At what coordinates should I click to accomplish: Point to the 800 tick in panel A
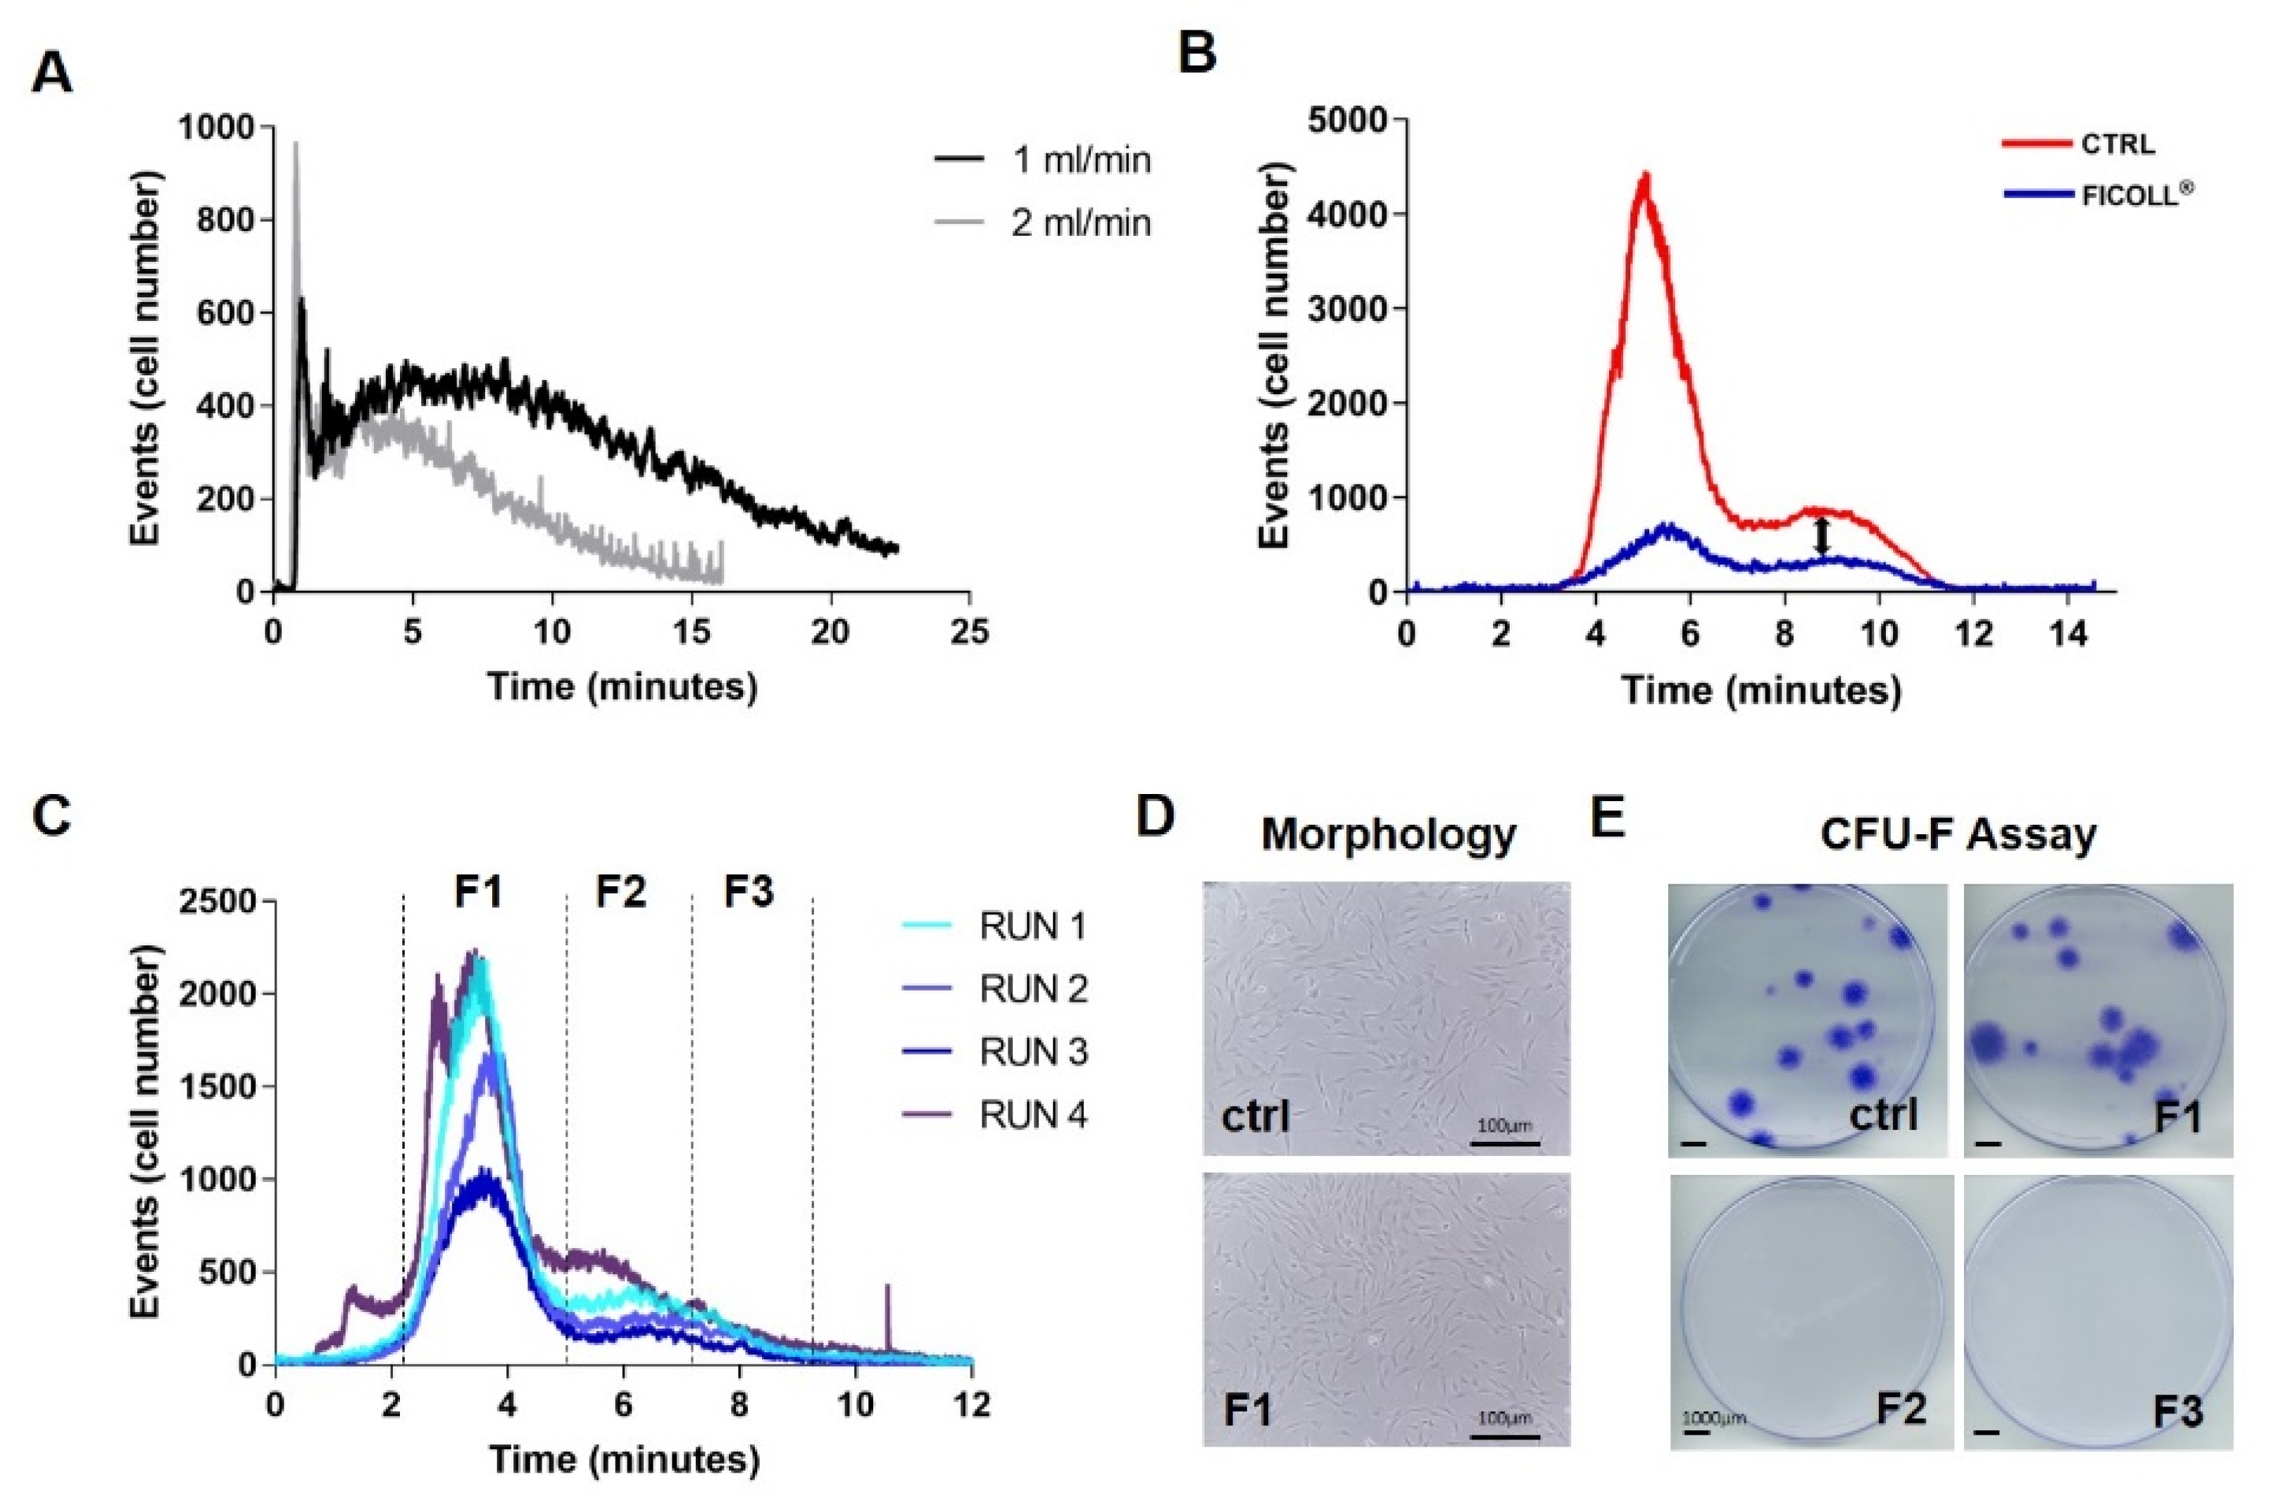(227, 220)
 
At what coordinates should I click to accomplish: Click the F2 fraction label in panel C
(621, 893)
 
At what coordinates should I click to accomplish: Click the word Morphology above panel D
(1388, 834)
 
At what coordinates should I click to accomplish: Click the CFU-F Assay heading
(1958, 833)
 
